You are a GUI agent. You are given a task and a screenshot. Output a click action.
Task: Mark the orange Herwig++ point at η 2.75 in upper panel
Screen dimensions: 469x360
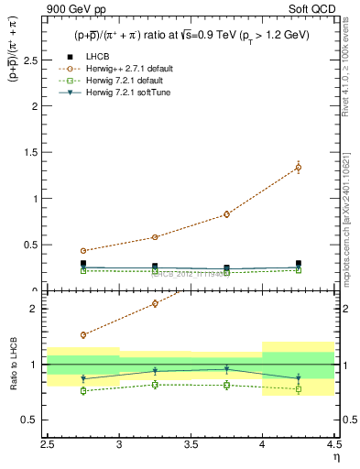click(83, 251)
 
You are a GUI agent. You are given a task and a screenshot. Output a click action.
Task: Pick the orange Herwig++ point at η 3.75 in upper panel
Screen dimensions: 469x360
click(226, 214)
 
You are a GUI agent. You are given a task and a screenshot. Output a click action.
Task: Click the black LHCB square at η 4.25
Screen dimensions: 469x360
click(298, 263)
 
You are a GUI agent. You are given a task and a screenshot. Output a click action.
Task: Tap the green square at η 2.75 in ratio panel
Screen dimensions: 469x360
click(83, 391)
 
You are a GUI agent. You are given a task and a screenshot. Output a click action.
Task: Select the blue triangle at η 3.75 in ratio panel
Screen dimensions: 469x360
click(226, 370)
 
